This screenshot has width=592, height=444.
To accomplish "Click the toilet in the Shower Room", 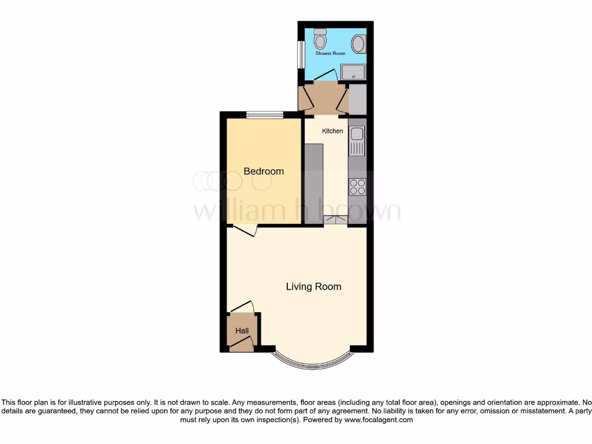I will click(320, 39).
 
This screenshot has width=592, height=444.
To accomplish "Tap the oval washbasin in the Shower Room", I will click(358, 43).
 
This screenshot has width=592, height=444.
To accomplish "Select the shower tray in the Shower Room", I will click(353, 72).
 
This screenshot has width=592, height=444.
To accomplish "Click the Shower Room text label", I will click(330, 54).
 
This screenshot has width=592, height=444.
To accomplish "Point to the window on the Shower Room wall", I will click(301, 54).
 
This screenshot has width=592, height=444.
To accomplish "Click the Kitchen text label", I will click(332, 131).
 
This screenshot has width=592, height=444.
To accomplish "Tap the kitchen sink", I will click(357, 140).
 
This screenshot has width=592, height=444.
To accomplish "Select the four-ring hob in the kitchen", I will click(357, 186).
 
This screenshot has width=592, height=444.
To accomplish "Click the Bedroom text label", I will click(264, 171).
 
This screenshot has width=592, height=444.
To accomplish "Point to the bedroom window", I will click(265, 115).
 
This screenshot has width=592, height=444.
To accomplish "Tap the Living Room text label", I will click(313, 287).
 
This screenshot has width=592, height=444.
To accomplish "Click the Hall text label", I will click(242, 331).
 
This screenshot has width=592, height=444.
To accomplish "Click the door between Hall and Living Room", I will click(242, 308).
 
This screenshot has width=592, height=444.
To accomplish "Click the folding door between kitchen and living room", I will click(336, 219).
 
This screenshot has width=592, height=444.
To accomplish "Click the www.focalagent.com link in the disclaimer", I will click(379, 420).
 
